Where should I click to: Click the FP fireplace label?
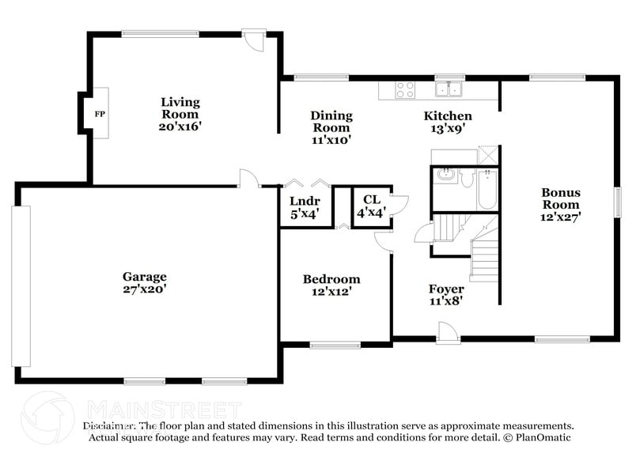pyautogui.click(x=100, y=115)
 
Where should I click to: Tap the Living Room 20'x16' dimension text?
pyautogui.click(x=180, y=127)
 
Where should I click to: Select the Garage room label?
pyautogui.click(x=144, y=276)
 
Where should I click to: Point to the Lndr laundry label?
pyautogui.click(x=304, y=201)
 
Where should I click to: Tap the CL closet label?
pyautogui.click(x=371, y=200)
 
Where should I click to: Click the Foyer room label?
pyautogui.click(x=446, y=288)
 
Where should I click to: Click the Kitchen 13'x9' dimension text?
pyautogui.click(x=447, y=127)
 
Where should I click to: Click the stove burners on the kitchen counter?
pyautogui.click(x=405, y=89)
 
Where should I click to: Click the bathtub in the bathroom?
pyautogui.click(x=487, y=190)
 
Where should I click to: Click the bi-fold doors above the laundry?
pyautogui.click(x=305, y=181)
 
